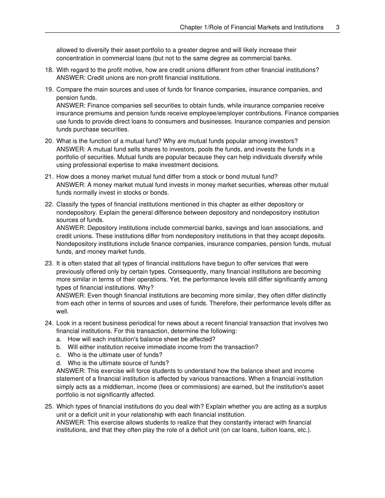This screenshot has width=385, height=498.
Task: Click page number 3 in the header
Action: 338,28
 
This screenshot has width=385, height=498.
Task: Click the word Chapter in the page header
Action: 190,28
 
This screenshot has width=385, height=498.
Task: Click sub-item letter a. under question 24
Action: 59,339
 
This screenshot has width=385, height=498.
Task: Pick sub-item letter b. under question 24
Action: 59,347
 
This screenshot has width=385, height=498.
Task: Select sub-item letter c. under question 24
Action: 59,355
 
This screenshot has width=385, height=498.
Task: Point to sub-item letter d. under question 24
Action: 59,363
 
